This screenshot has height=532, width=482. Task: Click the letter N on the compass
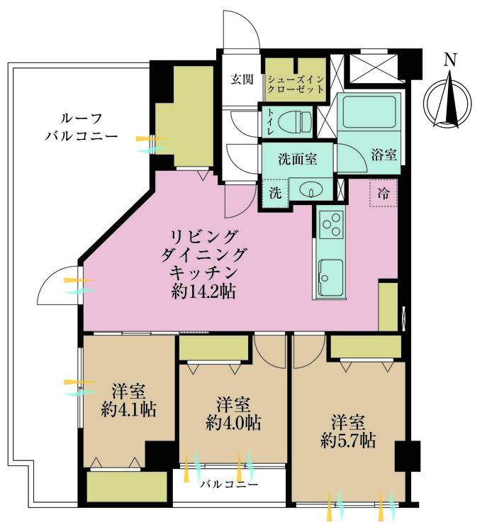449,60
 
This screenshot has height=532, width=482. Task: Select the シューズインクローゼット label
296,85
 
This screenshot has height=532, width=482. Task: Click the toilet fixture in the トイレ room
297,122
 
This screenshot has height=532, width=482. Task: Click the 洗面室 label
297,159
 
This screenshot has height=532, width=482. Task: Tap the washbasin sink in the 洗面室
310,189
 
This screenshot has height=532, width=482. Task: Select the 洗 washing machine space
275,192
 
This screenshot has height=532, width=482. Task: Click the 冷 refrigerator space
383,192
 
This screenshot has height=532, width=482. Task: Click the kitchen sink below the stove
331,277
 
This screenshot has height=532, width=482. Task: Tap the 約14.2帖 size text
203,291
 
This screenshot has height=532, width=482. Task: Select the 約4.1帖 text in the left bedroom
128,409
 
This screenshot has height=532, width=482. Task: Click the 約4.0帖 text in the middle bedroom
233,423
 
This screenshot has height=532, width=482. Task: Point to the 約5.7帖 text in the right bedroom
347,440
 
